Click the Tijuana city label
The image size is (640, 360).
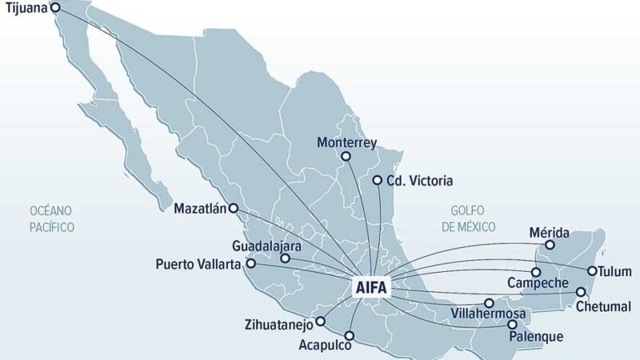(25, 10)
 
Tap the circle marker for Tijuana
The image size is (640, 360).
(55, 8)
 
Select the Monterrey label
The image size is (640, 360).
(346, 142)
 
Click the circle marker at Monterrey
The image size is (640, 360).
(346, 157)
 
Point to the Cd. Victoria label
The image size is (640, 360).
(419, 181)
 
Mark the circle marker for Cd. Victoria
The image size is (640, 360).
(377, 181)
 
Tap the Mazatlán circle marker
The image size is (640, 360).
(234, 209)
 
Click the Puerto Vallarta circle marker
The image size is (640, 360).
(250, 263)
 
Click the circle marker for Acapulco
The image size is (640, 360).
(350, 337)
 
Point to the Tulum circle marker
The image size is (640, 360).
(592, 270)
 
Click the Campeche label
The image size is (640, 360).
(538, 283)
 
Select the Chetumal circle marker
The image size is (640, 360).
(581, 292)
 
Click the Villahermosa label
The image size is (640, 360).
(488, 313)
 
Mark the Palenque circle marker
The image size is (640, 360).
(512, 324)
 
